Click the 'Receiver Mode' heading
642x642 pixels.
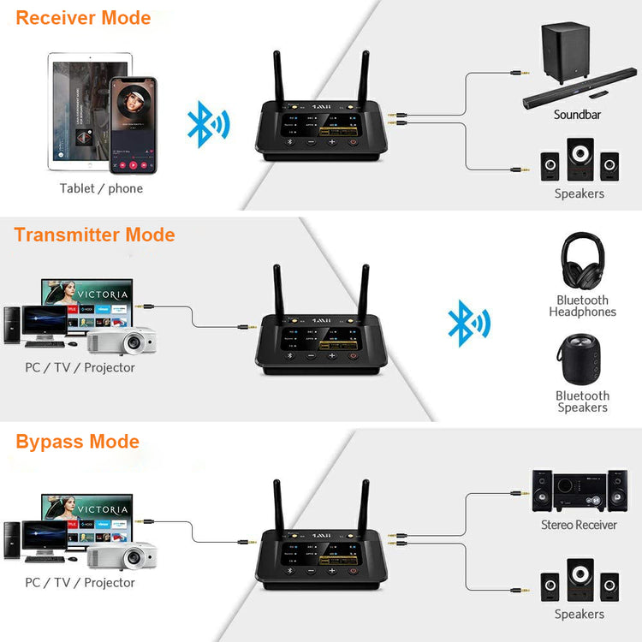(83, 17)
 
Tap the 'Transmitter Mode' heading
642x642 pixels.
(94, 235)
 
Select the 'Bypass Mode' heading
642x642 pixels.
(77, 442)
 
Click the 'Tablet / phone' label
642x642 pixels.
(101, 188)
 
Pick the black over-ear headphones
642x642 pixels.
(582, 262)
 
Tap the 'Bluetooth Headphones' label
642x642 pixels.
(582, 306)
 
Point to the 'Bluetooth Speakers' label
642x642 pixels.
(582, 401)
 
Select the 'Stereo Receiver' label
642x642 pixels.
(579, 525)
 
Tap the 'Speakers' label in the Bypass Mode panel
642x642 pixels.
(579, 614)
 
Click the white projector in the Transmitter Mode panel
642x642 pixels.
(122, 342)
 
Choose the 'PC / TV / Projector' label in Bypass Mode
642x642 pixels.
(80, 582)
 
